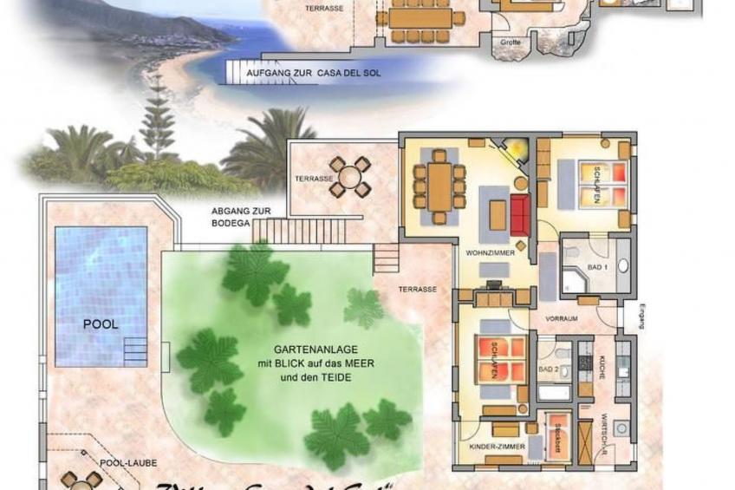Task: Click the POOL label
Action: pos(101,324)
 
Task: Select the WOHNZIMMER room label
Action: pos(491,254)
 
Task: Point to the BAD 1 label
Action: pos(597,267)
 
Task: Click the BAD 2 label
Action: pos(548,369)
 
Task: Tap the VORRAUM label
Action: pos(562,319)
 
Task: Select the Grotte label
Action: pos(511,41)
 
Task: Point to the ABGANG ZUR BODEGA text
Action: pos(231,217)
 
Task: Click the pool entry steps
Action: pos(136,350)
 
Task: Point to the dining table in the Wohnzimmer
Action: pos(439,183)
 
